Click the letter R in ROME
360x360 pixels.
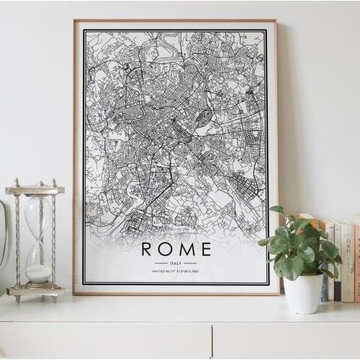pos(147,249)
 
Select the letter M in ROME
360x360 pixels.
pos(186,249)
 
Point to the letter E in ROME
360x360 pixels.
pos(205,249)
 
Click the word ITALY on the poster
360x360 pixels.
pos(176,264)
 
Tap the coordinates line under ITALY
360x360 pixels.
pos(176,271)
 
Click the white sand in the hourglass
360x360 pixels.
pos(38,273)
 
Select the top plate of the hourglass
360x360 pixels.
pos(35,190)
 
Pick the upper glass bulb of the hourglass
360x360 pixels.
pos(37,216)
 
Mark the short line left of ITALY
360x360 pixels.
pos(161,264)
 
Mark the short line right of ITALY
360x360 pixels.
pos(191,264)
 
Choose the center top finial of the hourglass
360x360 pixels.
pos(35,182)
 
